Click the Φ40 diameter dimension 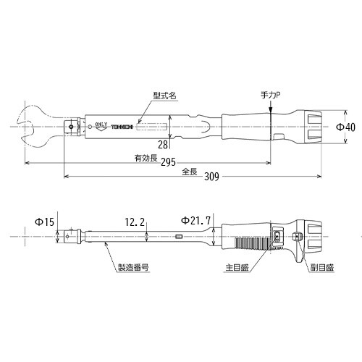click(x=345, y=127)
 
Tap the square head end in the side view click(x=70, y=235)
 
